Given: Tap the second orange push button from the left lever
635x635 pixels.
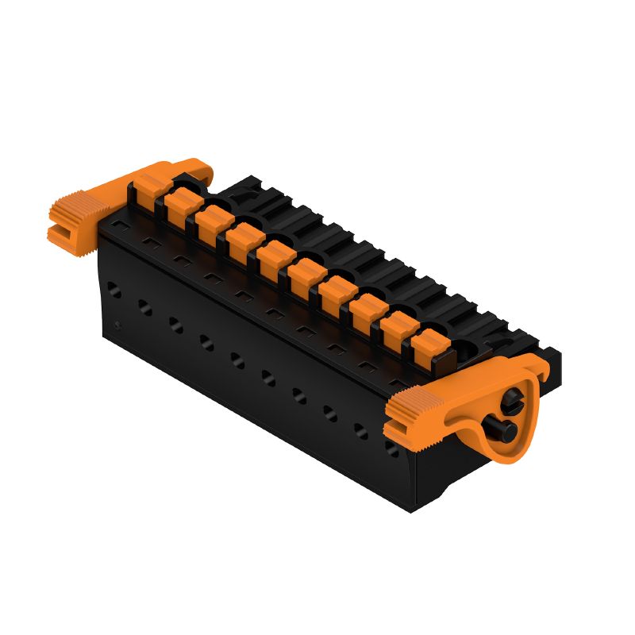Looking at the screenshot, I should click(181, 205).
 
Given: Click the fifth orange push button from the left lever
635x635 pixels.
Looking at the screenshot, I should click(274, 256).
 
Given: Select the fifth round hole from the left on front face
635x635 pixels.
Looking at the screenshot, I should click(237, 360).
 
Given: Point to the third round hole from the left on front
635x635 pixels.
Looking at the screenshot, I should click(175, 325).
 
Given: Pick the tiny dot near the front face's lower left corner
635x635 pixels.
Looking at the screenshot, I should click(117, 325).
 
